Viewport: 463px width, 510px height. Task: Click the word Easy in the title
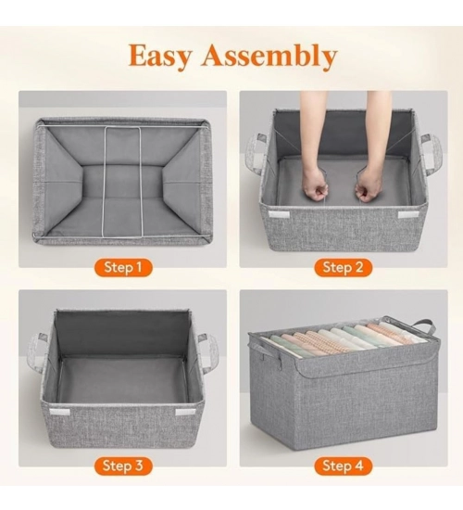(x=159, y=56)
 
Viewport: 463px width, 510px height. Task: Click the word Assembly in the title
(x=268, y=55)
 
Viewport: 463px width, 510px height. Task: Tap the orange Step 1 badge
(x=123, y=267)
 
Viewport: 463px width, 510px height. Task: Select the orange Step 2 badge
(x=343, y=267)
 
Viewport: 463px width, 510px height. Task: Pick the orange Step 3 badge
(x=123, y=465)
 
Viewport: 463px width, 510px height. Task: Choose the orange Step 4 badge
(x=343, y=465)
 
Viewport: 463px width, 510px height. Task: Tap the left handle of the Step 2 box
(x=257, y=156)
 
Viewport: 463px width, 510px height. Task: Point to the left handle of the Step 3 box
(x=37, y=355)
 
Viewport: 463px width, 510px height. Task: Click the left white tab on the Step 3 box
(x=60, y=413)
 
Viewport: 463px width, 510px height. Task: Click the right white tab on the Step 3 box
(x=185, y=412)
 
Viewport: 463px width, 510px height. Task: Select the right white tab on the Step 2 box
(x=408, y=214)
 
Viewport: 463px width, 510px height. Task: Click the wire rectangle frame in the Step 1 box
(x=122, y=182)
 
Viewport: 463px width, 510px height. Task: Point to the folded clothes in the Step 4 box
(x=343, y=338)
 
